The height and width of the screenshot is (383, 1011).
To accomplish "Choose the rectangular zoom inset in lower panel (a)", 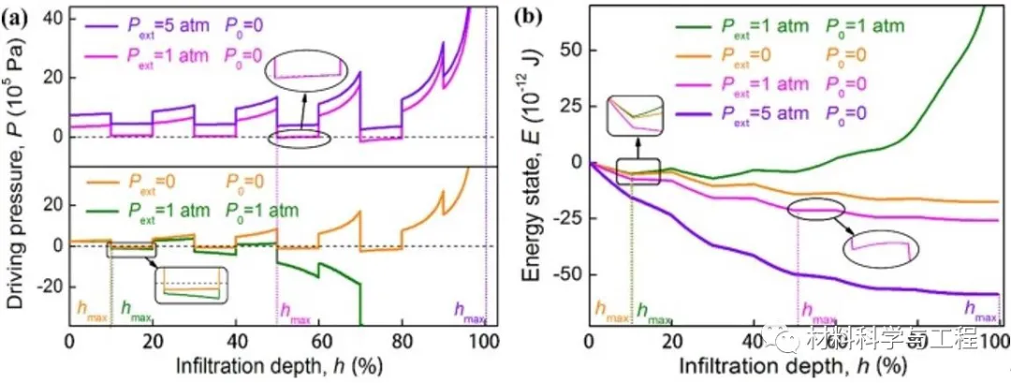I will pos(191,283).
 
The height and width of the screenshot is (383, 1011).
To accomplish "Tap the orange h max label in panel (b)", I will pos(610,313).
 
